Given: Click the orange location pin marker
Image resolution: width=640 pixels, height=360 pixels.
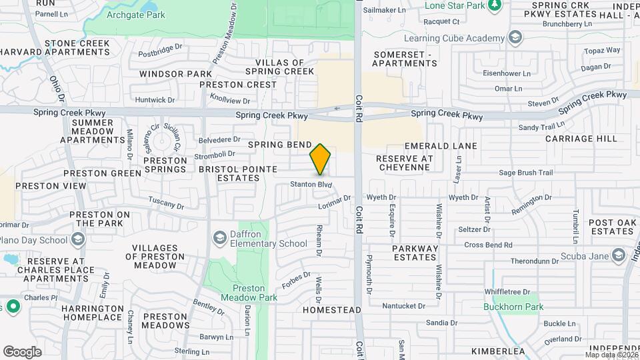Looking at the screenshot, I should [x=320, y=159].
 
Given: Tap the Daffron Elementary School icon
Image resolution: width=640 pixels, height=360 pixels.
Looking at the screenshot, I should [x=219, y=238].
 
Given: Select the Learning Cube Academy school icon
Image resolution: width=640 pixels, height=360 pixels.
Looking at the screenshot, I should [x=515, y=38].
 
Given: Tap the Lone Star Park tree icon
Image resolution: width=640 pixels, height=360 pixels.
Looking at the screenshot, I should [x=494, y=6].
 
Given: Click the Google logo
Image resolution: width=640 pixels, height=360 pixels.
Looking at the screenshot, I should [x=22, y=351].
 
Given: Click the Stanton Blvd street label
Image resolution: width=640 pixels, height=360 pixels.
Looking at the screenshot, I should [x=311, y=184].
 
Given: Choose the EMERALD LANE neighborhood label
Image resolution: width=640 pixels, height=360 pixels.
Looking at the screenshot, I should [x=441, y=145].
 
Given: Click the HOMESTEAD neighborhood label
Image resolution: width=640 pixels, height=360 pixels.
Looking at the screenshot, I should [x=331, y=310].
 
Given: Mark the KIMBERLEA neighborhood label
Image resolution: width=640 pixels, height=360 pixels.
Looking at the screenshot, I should [x=497, y=351].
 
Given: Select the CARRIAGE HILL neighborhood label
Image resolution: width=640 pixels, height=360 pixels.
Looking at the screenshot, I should [x=581, y=139].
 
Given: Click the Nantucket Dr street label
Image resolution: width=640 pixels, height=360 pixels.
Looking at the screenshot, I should [x=403, y=306].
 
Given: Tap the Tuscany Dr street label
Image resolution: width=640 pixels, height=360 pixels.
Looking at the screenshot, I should [x=166, y=202].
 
